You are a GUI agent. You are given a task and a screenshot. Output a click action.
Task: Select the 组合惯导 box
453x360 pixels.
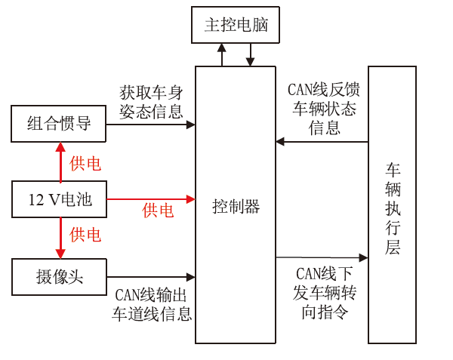click(x=59, y=124)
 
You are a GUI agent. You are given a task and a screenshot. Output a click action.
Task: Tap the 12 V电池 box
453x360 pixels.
click(x=59, y=200)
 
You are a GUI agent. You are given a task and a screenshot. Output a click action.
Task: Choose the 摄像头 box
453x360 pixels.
click(x=59, y=277)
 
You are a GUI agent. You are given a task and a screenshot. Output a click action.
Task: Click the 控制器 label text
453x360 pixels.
click(x=236, y=206)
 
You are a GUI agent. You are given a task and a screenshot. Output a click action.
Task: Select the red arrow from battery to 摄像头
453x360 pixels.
click(x=59, y=238)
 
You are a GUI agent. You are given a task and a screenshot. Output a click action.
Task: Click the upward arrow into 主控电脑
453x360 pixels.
click(x=221, y=55)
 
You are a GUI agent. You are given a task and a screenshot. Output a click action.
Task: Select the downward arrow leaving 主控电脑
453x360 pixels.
click(x=250, y=55)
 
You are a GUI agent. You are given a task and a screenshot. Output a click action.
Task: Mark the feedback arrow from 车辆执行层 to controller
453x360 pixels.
click(x=322, y=141)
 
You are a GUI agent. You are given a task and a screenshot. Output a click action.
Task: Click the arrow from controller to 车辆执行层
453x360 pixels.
click(x=322, y=258)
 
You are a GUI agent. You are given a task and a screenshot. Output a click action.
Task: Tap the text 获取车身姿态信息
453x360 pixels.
click(x=151, y=102)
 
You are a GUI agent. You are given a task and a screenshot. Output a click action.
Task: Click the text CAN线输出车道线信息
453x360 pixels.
click(x=152, y=303)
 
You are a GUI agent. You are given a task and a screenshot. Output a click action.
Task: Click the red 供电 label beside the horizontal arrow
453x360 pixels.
click(x=158, y=211)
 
